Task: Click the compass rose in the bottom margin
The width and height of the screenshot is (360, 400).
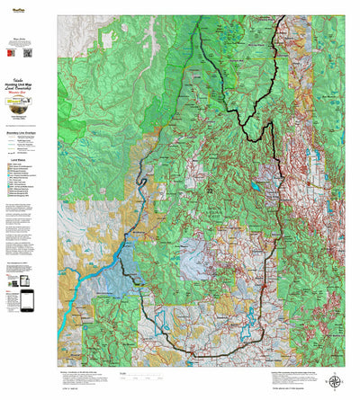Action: tap(336, 381)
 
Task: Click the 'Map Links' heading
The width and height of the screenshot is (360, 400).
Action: tap(29, 39)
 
